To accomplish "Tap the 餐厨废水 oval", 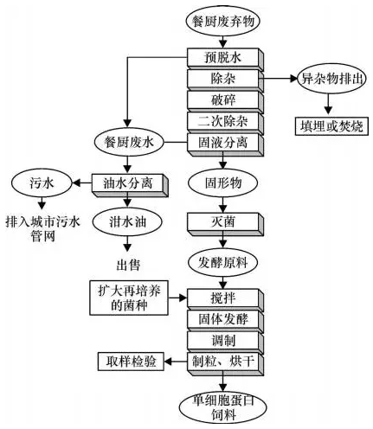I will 127,141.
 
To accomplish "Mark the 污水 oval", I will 38,182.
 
